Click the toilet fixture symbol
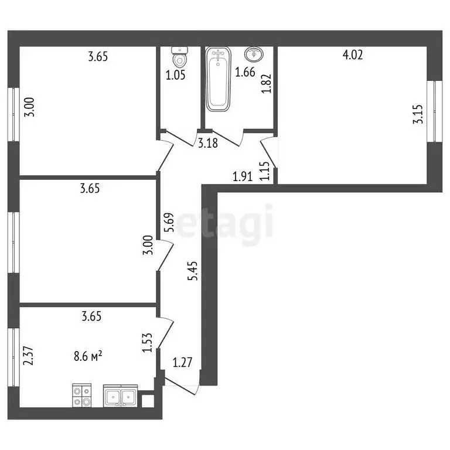(179, 57)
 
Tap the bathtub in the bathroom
(219, 80)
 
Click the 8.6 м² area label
(88, 355)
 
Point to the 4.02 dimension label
(353, 56)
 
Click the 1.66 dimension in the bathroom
(244, 73)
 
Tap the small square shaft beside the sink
(147, 401)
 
